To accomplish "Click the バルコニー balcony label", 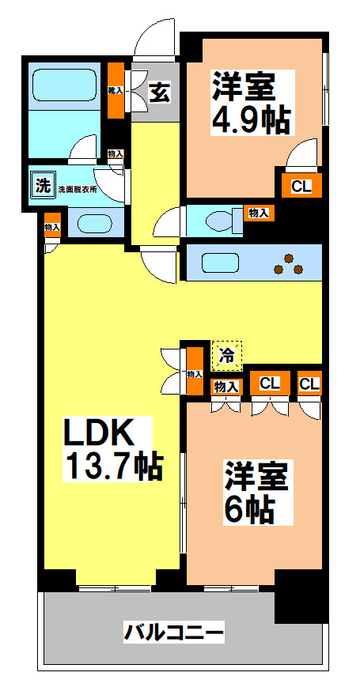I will point(174,633).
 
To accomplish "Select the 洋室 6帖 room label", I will point(254,491).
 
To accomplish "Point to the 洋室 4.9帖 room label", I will point(251,103).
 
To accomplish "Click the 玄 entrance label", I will point(159,93).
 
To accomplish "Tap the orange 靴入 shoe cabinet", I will point(116,91).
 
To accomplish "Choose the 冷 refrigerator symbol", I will point(227,355).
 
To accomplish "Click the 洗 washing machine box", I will point(40,187).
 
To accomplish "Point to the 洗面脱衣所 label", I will point(78,189).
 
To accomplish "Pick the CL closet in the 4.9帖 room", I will point(301,187).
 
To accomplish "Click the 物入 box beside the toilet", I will point(258,213).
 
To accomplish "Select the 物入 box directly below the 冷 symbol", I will point(226,386).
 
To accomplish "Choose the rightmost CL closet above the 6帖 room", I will point(309,384).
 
